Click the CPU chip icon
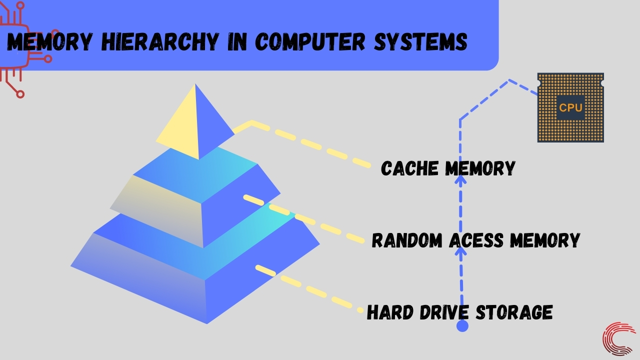(570, 107)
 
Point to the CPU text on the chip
(570, 107)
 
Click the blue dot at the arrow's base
(462, 326)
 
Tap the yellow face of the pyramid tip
(180, 127)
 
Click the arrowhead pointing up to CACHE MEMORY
(460, 179)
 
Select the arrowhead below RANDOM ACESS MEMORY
(460, 250)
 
